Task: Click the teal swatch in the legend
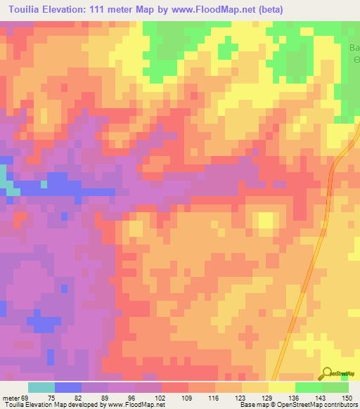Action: (x=41, y=387)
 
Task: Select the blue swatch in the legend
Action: (x=67, y=387)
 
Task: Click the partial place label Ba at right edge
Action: (x=354, y=48)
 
